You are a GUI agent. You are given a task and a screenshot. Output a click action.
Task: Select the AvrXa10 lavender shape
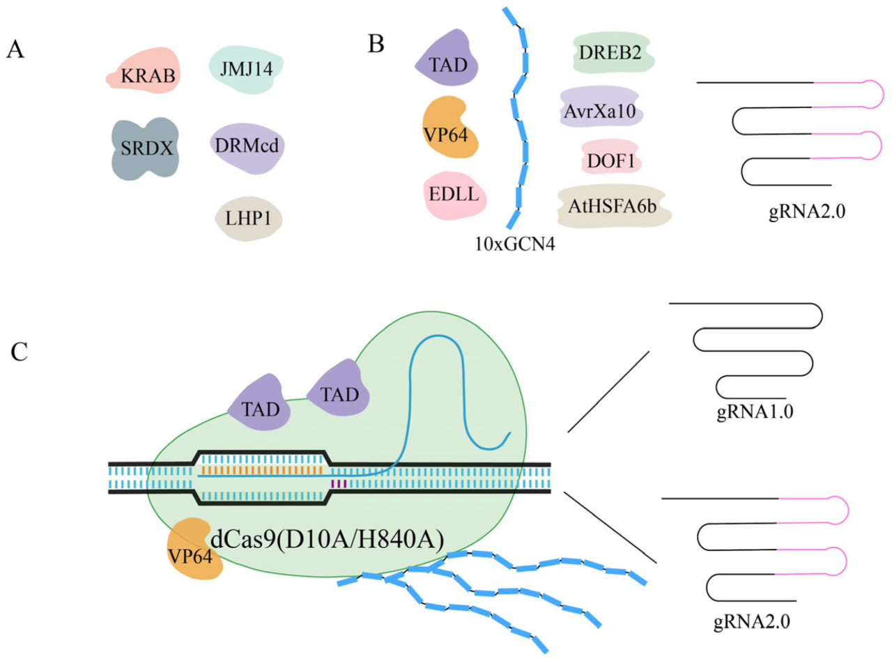pyautogui.click(x=601, y=109)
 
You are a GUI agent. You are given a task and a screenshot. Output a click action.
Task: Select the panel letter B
pyautogui.click(x=376, y=45)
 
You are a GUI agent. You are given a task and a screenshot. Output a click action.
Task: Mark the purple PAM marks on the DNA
pyautogui.click(x=339, y=483)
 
